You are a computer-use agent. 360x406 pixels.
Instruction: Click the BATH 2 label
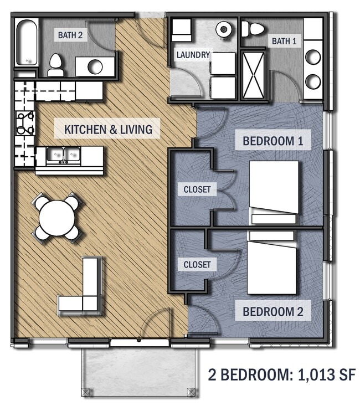(x=70, y=35)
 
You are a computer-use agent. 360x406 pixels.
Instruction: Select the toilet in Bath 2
(x=56, y=65)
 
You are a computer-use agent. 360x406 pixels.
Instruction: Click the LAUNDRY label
(x=193, y=55)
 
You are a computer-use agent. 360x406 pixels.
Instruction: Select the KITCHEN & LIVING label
(x=108, y=130)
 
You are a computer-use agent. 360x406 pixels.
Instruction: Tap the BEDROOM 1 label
(x=273, y=140)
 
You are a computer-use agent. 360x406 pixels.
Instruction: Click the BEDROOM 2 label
(x=273, y=311)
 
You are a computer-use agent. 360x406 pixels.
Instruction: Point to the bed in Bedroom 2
(x=271, y=263)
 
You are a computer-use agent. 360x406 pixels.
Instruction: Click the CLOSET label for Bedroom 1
(x=197, y=189)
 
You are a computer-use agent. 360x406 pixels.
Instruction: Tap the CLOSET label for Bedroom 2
(x=197, y=264)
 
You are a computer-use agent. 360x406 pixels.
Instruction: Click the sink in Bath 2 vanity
(x=95, y=66)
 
